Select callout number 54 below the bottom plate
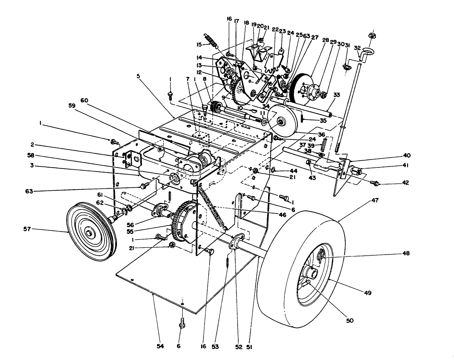point(160,347)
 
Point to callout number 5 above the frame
point(139,77)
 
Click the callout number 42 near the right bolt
point(406,183)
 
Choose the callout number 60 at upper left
point(84,100)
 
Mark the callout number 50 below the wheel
point(349,321)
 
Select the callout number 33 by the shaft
point(336,95)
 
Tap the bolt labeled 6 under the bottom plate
point(181,323)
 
